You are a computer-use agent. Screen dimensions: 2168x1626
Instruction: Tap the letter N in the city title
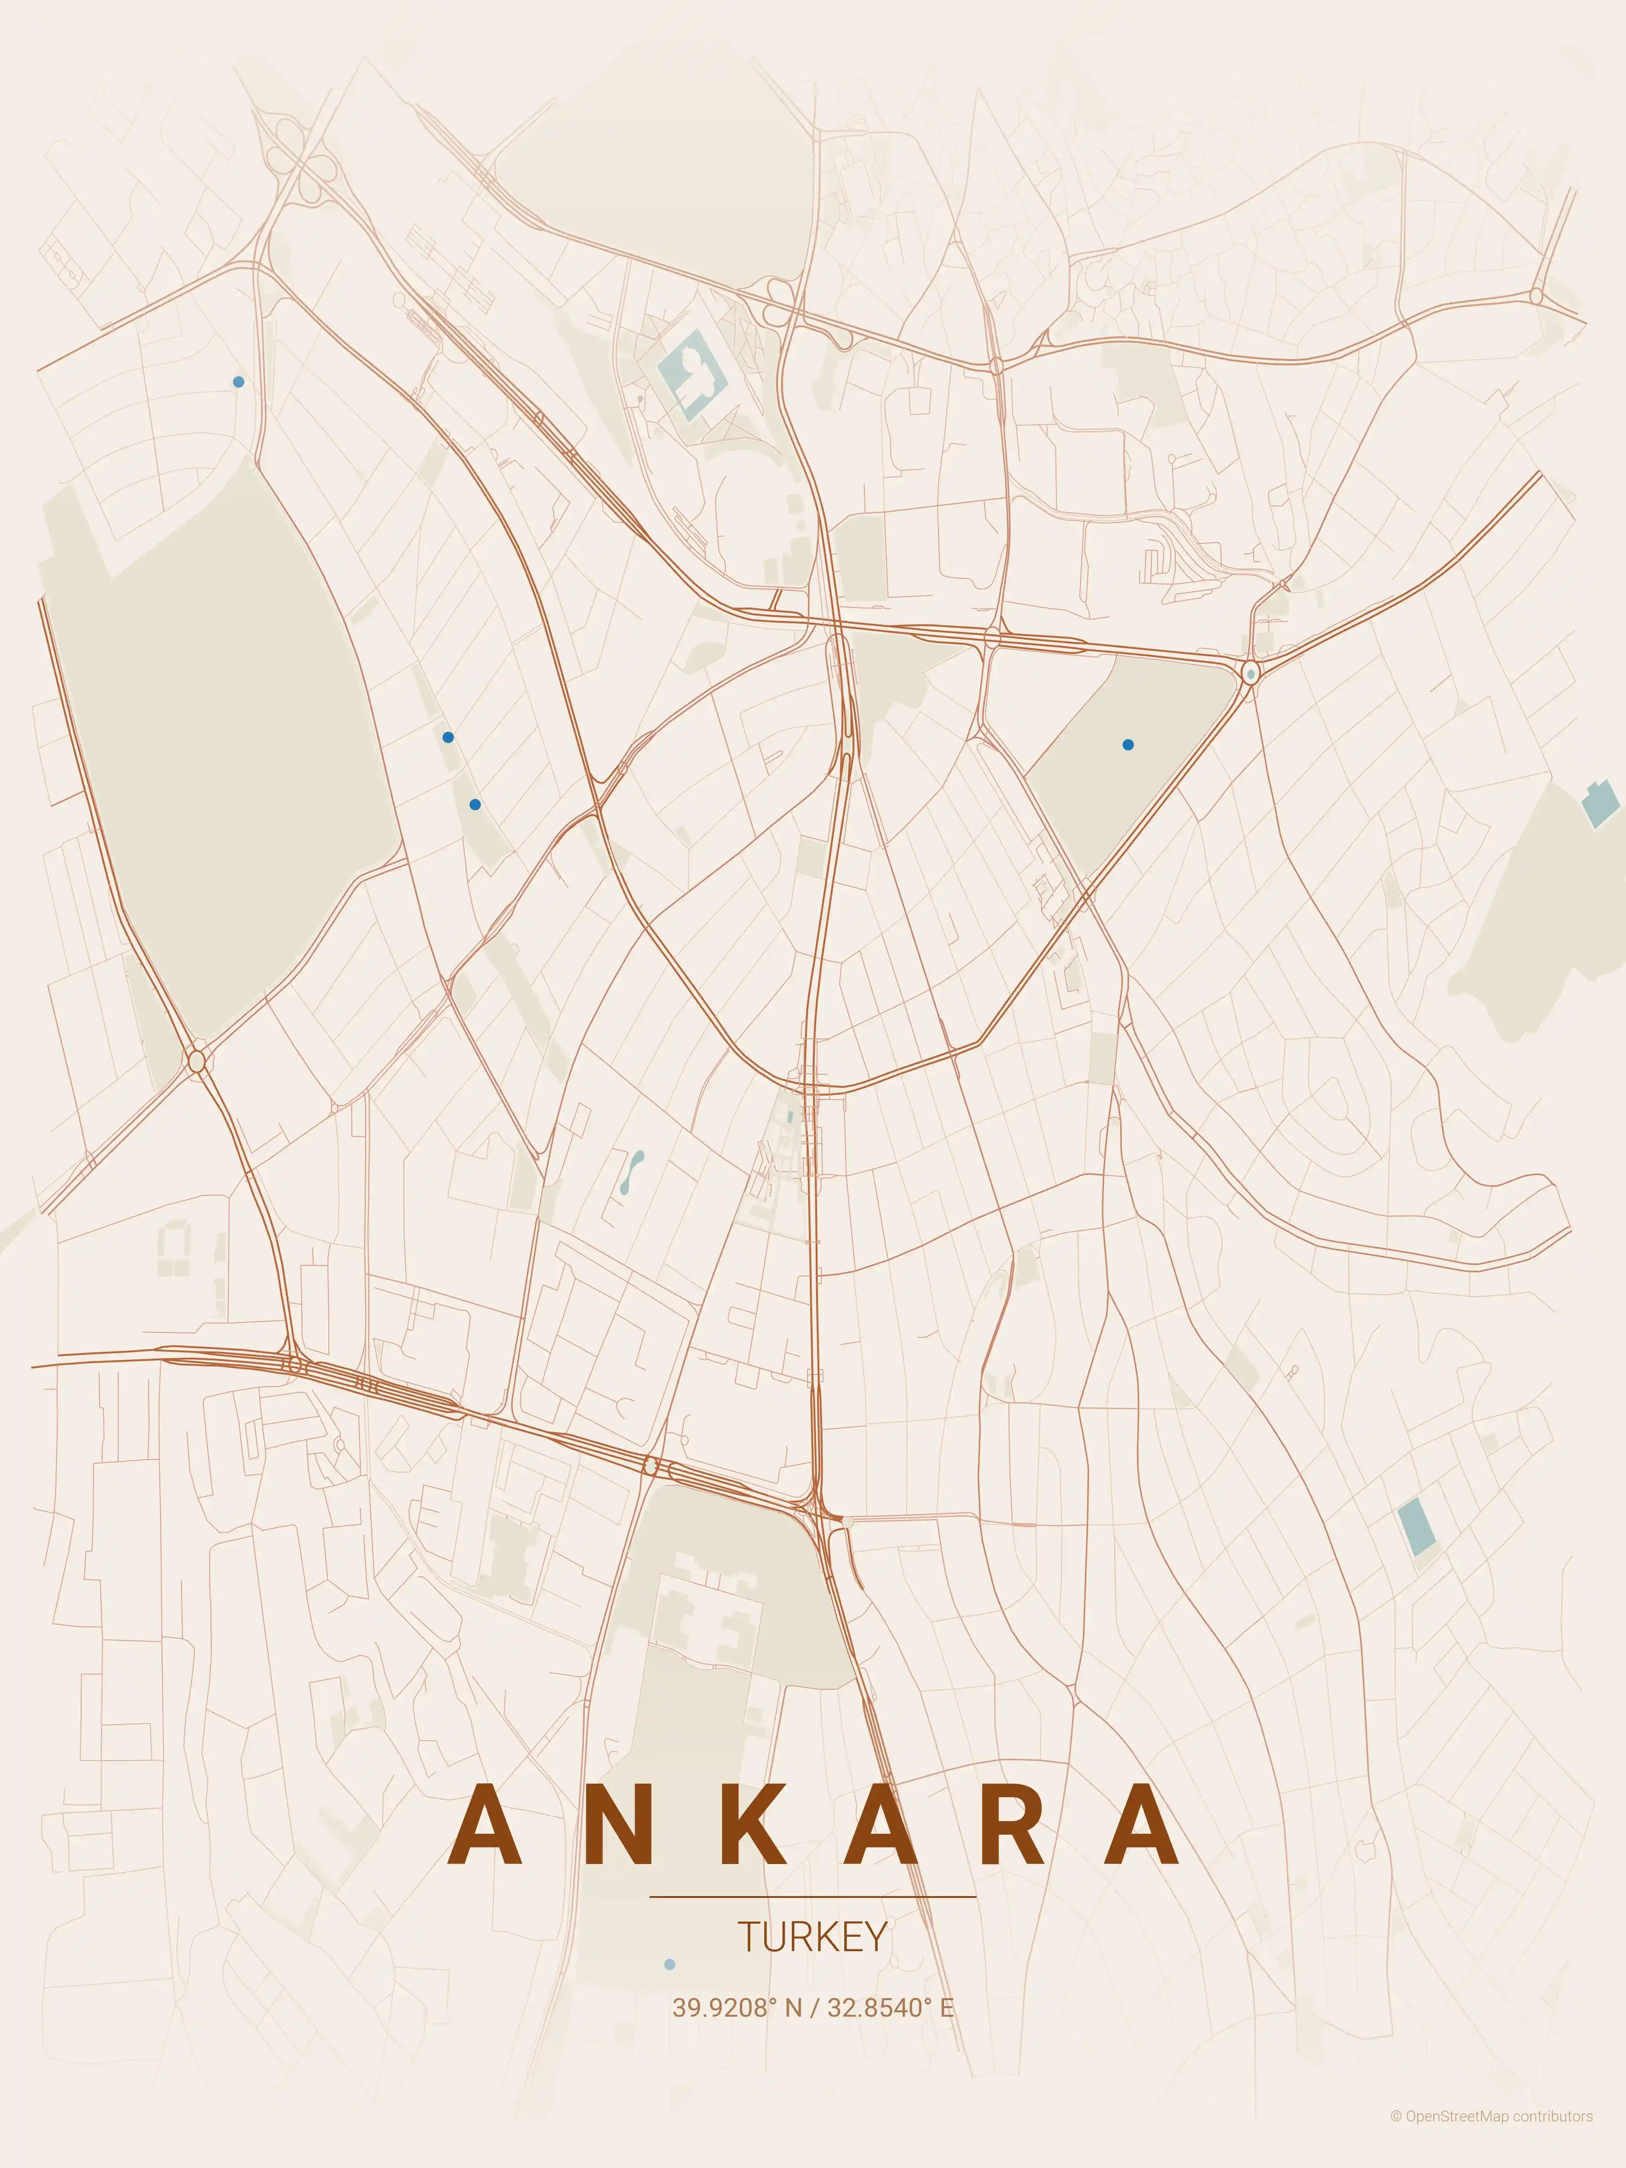tap(621, 1824)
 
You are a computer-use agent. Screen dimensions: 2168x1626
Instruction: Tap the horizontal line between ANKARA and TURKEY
tap(813, 1897)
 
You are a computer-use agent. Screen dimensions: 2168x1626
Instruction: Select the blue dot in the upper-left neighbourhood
tap(238, 381)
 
